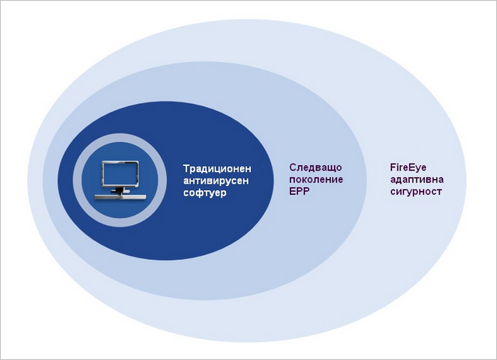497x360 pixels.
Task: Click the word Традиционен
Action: click(x=217, y=169)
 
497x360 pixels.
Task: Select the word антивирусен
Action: click(x=216, y=181)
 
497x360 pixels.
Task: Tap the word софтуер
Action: click(x=205, y=193)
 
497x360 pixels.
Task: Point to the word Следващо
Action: click(x=315, y=168)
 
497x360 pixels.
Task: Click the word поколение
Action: click(x=316, y=179)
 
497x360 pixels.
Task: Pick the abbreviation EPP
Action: click(x=299, y=191)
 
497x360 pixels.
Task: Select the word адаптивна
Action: click(x=417, y=179)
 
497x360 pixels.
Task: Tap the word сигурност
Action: click(x=416, y=192)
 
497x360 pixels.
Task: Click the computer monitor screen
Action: click(x=120, y=175)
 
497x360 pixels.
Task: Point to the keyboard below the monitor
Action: click(x=120, y=197)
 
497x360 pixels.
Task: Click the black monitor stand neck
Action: click(x=119, y=190)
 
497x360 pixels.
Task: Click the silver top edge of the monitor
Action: click(x=120, y=162)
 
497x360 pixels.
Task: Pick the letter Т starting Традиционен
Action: click(x=186, y=168)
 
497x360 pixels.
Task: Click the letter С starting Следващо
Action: click(x=293, y=167)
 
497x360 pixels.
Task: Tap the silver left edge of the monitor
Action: click(x=103, y=175)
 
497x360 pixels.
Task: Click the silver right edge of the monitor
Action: click(x=137, y=175)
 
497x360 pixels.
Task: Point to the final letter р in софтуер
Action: click(x=224, y=194)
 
